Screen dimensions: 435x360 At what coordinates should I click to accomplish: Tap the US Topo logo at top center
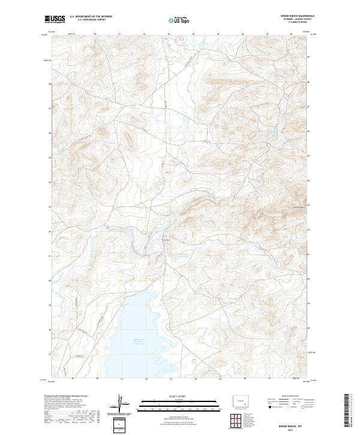(179, 20)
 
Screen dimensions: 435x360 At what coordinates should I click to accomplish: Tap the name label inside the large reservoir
(139, 341)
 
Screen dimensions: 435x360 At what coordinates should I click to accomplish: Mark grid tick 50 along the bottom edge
(97, 379)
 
